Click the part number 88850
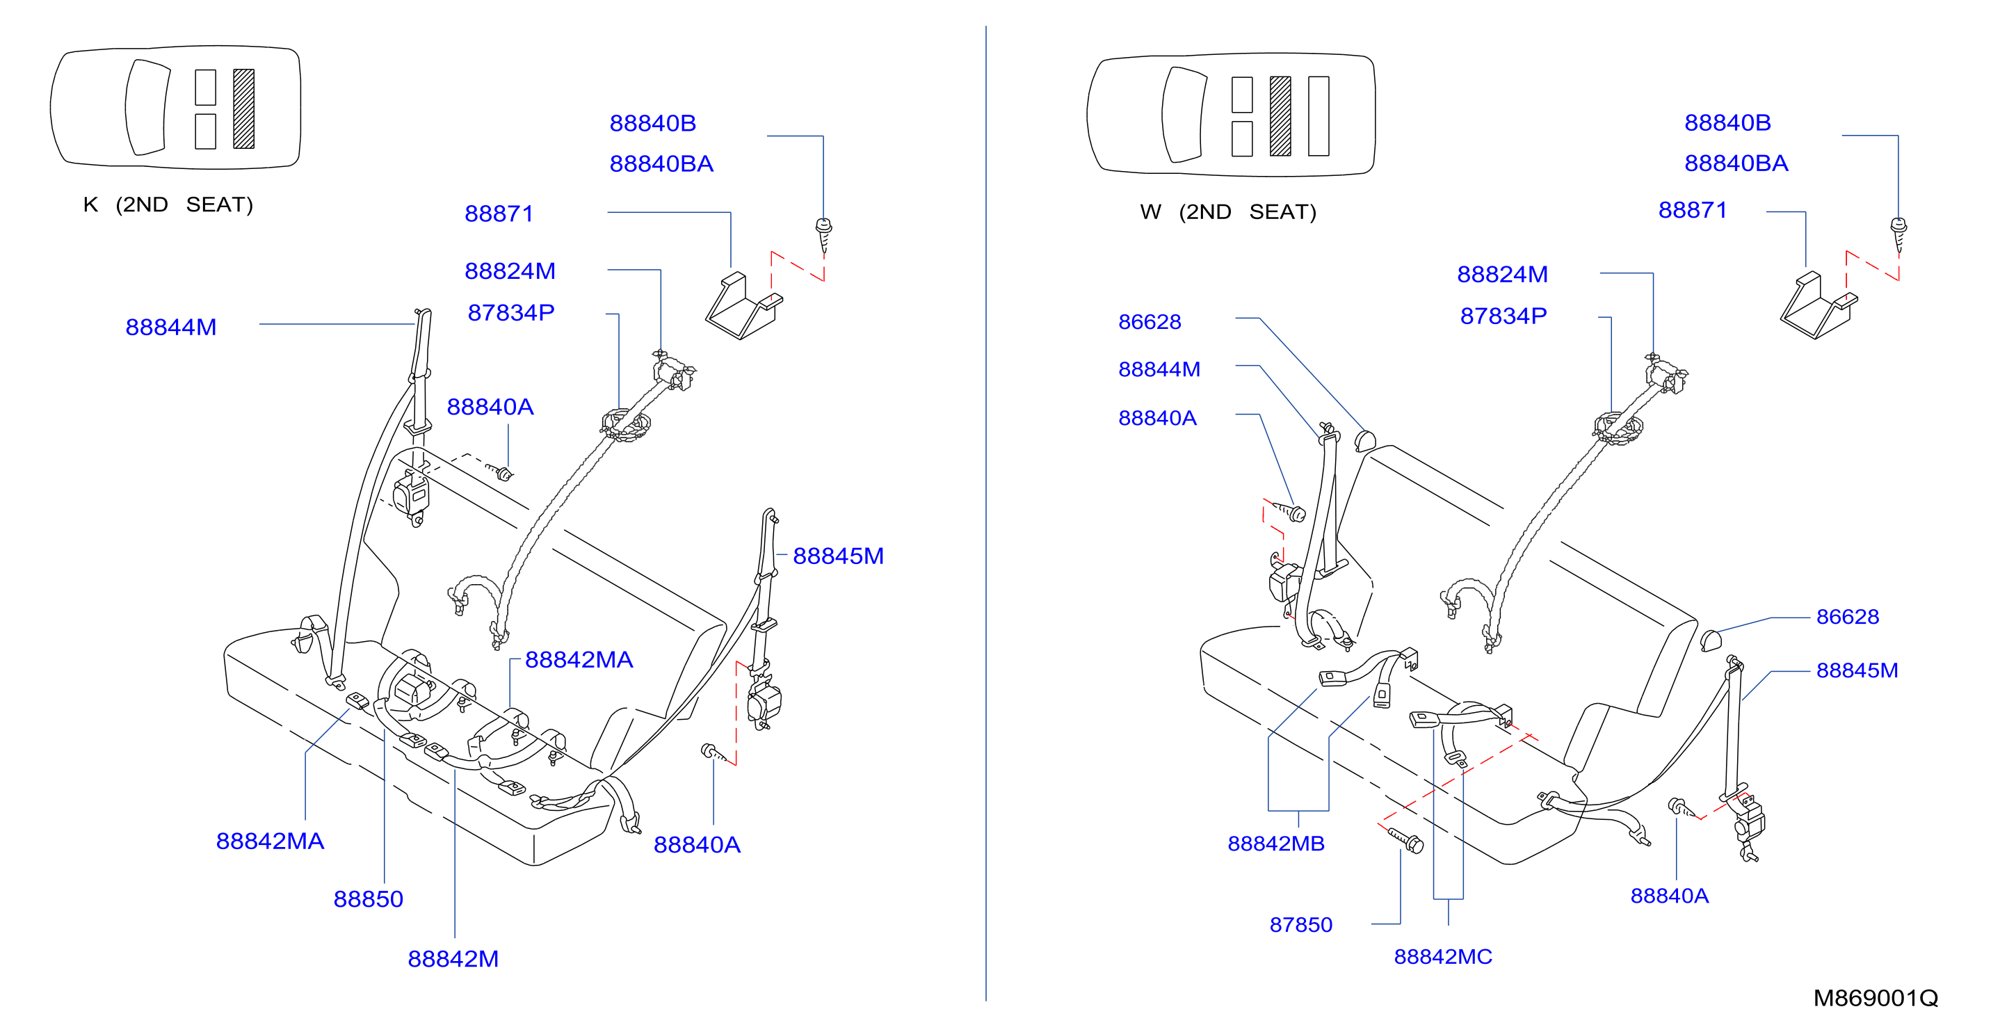[x=368, y=899]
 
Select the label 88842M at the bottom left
[x=453, y=958]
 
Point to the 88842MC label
[x=1442, y=956]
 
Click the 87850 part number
[x=1300, y=925]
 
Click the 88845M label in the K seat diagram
[x=838, y=556]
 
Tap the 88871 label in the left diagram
[x=499, y=213]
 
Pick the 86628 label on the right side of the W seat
[x=1847, y=617]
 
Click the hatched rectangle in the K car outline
[x=243, y=108]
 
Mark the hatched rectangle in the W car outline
[x=1280, y=116]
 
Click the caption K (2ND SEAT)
[x=168, y=205]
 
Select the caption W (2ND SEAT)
[x=1228, y=212]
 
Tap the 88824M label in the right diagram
[x=1502, y=275]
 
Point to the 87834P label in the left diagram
[x=511, y=313]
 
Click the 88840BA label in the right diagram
[x=1736, y=163]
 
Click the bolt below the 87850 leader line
[x=1405, y=840]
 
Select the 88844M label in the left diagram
[x=170, y=327]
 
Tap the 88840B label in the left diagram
[x=653, y=124]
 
